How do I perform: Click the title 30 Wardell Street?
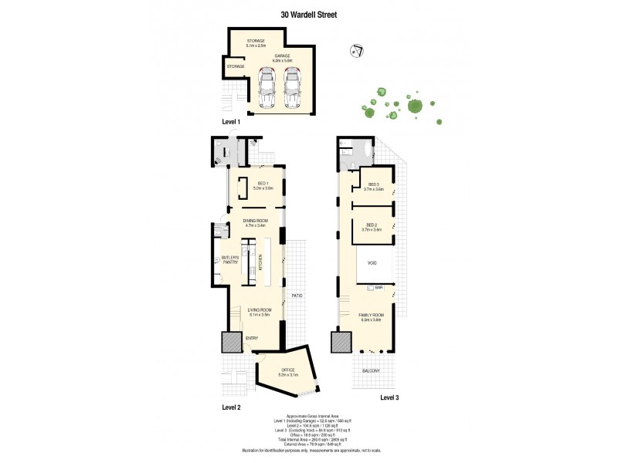309,13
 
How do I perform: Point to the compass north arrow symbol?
357,52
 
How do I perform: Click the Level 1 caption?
232,122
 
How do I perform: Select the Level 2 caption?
232,407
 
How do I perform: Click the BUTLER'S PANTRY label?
229,260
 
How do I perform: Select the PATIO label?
297,296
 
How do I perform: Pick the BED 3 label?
375,186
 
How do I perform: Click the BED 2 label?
373,227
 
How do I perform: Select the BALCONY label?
372,371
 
